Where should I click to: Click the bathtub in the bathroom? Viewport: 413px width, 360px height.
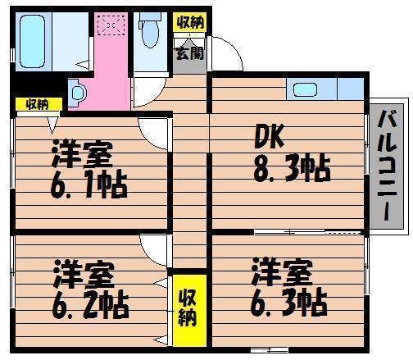[32, 41]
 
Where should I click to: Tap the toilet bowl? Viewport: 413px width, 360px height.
[150, 34]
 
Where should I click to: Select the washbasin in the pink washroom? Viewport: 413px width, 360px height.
[77, 93]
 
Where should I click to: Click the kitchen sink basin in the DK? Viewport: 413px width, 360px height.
[305, 90]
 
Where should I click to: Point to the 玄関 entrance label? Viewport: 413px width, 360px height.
[189, 53]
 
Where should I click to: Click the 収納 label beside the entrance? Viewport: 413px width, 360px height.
[190, 22]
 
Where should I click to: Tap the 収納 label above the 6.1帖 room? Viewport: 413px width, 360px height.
[38, 104]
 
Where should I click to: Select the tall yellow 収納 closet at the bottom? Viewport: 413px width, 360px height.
[189, 310]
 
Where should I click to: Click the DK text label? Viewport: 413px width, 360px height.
[269, 137]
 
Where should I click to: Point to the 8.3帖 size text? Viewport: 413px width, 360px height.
[292, 170]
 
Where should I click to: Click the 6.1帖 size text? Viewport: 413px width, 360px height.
[89, 185]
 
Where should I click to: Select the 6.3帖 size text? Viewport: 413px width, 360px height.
[289, 303]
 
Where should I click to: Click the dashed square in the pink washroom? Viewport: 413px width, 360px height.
[111, 25]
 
